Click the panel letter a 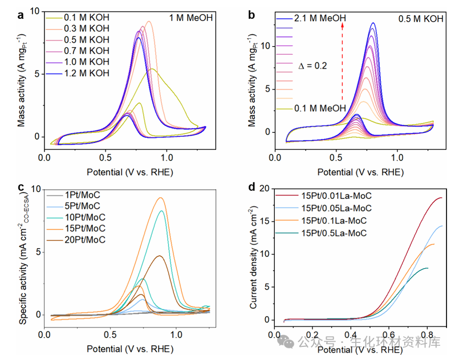point(21,15)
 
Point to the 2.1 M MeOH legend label point(321,19)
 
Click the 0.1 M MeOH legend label point(320,108)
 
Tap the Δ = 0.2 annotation point(312,66)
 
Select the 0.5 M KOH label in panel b point(421,19)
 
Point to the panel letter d point(252,186)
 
